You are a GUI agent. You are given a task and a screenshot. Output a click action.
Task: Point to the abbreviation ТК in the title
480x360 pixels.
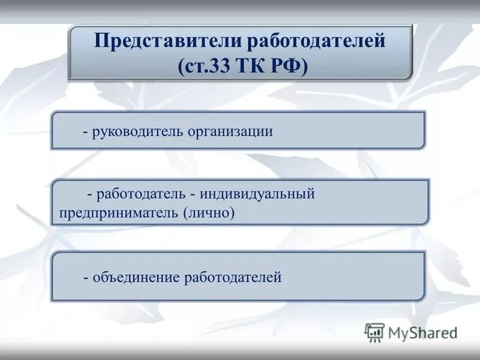[x=247, y=65]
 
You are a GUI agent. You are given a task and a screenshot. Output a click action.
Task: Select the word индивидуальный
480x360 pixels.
[x=257, y=194]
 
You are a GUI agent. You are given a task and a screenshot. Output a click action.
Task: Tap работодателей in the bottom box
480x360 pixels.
[x=233, y=277]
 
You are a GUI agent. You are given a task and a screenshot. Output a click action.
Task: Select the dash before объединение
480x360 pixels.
[x=86, y=278]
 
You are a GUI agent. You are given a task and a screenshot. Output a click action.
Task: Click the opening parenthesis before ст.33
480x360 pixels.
[x=181, y=65]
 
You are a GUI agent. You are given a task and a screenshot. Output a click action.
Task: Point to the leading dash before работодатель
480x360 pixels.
[x=89, y=196]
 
